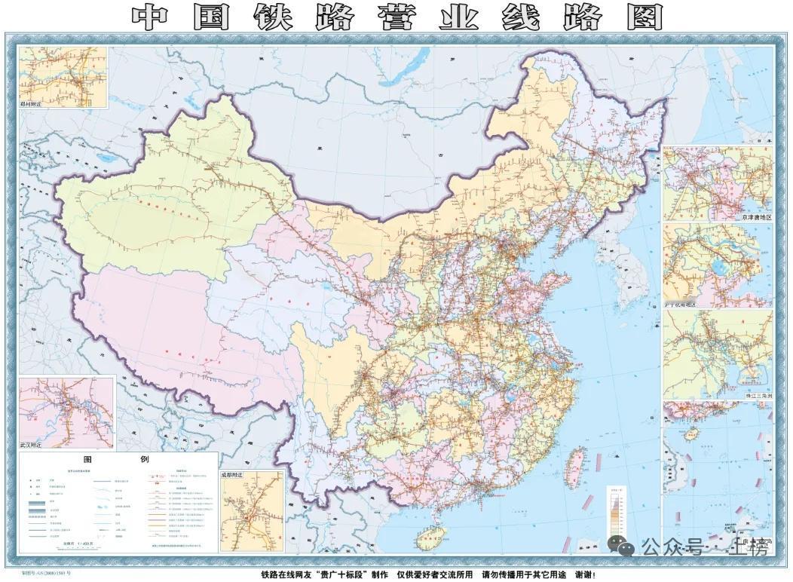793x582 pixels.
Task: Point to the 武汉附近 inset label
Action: pyautogui.click(x=32, y=445)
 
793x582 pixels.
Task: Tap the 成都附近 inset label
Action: pyautogui.click(x=234, y=476)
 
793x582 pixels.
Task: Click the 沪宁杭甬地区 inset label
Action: pyautogui.click(x=680, y=305)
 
